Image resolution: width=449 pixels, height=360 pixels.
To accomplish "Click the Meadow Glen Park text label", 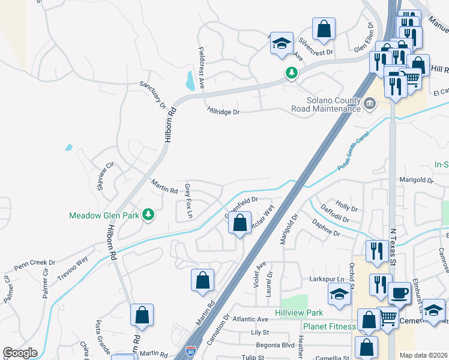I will pos(104,215).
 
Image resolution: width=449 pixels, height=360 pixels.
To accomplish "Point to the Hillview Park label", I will pos(299,313).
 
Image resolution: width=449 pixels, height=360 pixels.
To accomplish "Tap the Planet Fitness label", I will pos(329,326).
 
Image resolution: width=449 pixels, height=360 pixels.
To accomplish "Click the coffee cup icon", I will pos(399,294).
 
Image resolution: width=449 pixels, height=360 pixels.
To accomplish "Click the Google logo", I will pos(20,353).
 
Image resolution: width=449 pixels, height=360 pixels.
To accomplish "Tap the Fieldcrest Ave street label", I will pos(201,67).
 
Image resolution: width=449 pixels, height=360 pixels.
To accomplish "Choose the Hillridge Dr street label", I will pos(223,112).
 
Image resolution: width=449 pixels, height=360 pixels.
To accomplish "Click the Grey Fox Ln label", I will pos(188,200).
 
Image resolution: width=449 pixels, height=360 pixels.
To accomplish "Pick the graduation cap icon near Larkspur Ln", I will pos(339,294).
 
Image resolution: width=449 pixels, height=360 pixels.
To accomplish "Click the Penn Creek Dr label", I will pos(34,263).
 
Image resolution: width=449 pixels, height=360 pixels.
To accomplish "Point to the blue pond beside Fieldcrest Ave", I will pos(190,80).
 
